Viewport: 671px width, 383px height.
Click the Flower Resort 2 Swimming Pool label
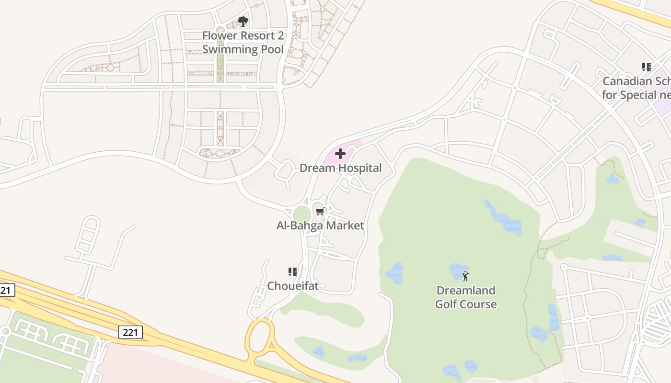click(x=243, y=43)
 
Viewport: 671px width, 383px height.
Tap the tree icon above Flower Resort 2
click(x=243, y=22)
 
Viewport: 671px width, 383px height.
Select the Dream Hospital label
click(x=340, y=168)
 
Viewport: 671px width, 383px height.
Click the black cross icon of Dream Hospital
click(x=340, y=154)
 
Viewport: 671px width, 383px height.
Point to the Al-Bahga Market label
click(x=320, y=225)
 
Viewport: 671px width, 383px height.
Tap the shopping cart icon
click(x=320, y=211)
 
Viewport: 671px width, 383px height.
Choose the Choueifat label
click(x=292, y=286)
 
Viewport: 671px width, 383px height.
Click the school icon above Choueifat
click(x=292, y=272)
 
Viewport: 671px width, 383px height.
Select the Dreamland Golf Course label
click(x=465, y=297)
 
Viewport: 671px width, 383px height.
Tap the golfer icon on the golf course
click(x=465, y=276)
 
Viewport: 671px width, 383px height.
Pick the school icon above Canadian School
click(x=647, y=67)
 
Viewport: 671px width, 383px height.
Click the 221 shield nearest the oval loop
click(x=130, y=332)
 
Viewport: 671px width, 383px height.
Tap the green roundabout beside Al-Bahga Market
click(x=302, y=214)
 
